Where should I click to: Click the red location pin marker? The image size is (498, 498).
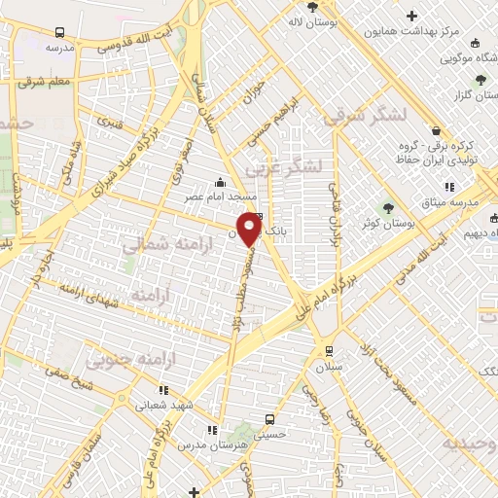click(250, 229)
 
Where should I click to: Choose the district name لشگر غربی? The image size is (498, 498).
click(284, 166)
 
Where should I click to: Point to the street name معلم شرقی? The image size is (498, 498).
click(44, 83)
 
